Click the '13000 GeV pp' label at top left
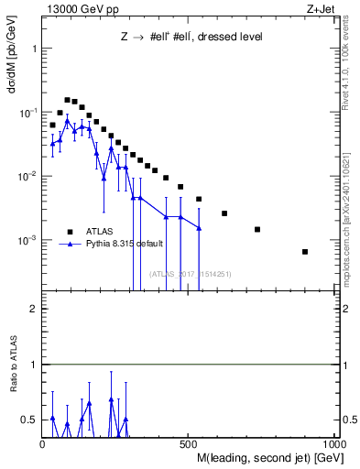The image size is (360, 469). coord(78,8)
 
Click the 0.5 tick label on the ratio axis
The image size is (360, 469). coord(29,420)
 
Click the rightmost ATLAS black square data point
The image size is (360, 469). coord(305,252)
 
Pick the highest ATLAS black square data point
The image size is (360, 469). coord(67,100)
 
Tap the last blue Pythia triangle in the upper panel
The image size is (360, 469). coord(199,227)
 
